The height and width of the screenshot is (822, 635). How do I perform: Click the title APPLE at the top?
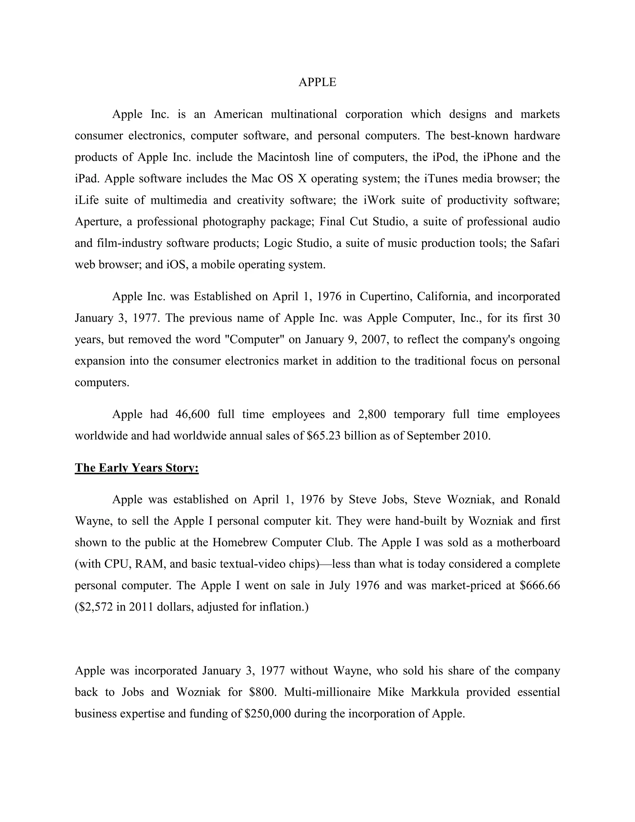click(x=317, y=82)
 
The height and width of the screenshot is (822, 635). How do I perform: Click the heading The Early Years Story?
click(x=136, y=468)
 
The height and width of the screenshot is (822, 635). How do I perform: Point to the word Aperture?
click(x=98, y=222)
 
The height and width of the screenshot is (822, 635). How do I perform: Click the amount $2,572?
click(x=94, y=607)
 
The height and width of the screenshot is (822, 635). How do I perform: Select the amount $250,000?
click(x=268, y=714)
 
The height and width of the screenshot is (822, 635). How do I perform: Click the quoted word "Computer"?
click(x=254, y=339)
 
